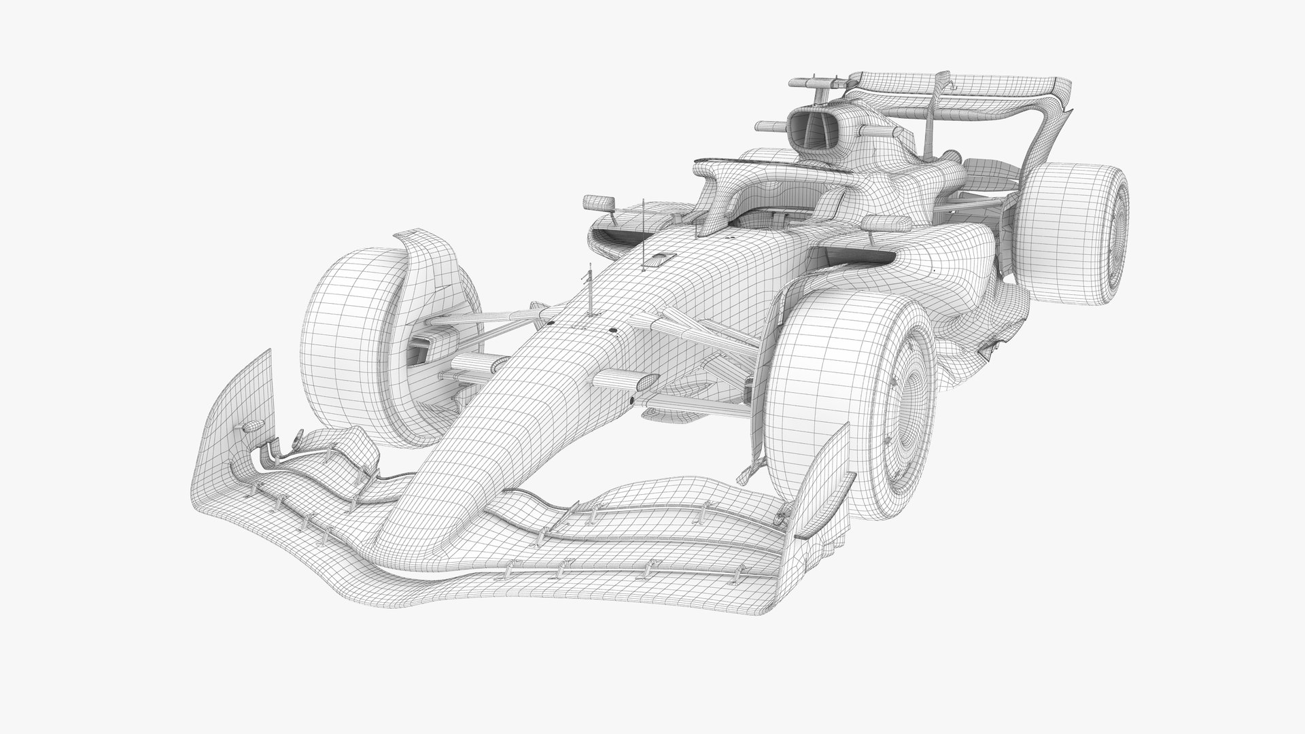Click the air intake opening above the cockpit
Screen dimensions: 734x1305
813,130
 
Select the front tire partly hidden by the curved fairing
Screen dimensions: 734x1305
353,326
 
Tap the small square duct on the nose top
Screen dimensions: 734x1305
659,258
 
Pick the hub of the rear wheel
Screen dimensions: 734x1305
1115,217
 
